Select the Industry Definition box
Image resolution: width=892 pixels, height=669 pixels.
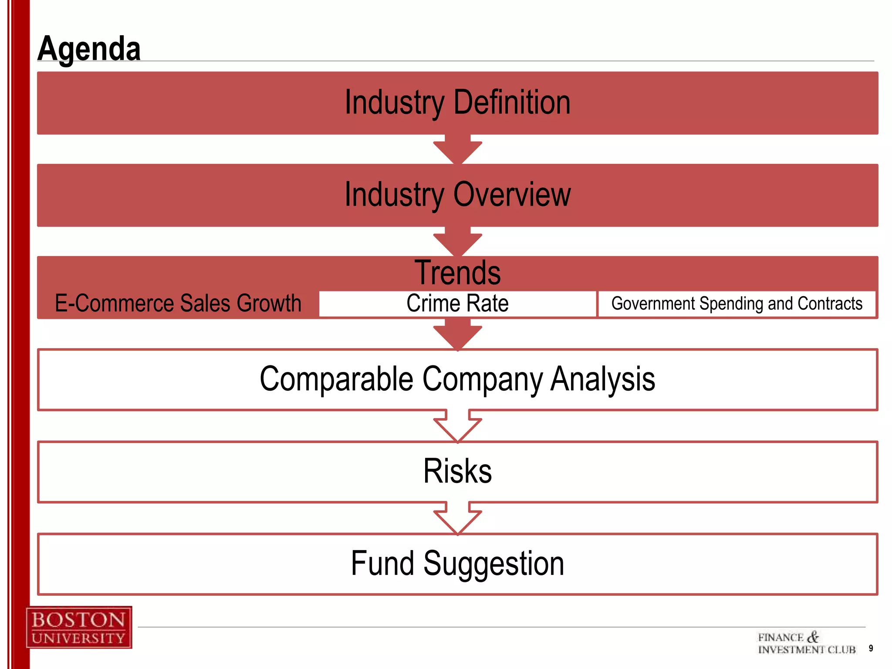tap(457, 103)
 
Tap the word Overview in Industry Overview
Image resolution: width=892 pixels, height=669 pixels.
tap(512, 194)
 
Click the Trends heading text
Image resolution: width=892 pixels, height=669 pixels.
tap(457, 273)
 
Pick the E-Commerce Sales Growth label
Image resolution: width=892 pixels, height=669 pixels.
tap(178, 303)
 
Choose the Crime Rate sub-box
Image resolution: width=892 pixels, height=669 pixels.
tap(457, 304)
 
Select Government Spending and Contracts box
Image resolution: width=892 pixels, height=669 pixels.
tap(737, 304)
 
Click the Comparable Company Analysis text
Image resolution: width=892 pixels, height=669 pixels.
tap(457, 379)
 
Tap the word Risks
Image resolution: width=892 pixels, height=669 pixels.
tap(457, 471)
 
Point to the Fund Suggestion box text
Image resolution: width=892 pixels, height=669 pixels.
tap(457, 564)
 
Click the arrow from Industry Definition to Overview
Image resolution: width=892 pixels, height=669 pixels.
tap(457, 149)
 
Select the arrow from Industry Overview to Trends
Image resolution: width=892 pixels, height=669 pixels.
tap(457, 242)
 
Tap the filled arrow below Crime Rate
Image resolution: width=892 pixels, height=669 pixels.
tap(457, 334)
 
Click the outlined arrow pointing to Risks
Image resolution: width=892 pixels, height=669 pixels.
tap(457, 427)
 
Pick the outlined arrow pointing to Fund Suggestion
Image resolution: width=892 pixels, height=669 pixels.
tap(457, 519)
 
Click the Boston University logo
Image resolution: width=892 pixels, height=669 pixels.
tap(79, 627)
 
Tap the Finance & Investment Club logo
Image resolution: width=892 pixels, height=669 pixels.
tap(807, 643)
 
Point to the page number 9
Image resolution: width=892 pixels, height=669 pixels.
tap(871, 648)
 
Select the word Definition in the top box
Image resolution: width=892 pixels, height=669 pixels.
tap(512, 103)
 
